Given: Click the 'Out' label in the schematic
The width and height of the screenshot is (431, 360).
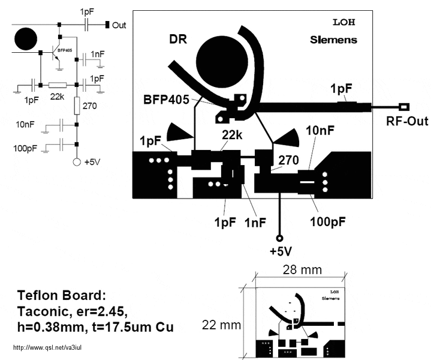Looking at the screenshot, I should click(119, 25).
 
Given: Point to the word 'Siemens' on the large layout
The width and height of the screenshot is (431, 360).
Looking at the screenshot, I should click(333, 40).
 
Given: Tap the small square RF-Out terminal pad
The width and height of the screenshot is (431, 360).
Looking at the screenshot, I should click(405, 107).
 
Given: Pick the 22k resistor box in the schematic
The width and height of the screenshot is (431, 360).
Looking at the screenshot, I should click(58, 86).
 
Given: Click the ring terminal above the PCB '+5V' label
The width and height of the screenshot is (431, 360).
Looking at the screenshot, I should click(279, 237).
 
